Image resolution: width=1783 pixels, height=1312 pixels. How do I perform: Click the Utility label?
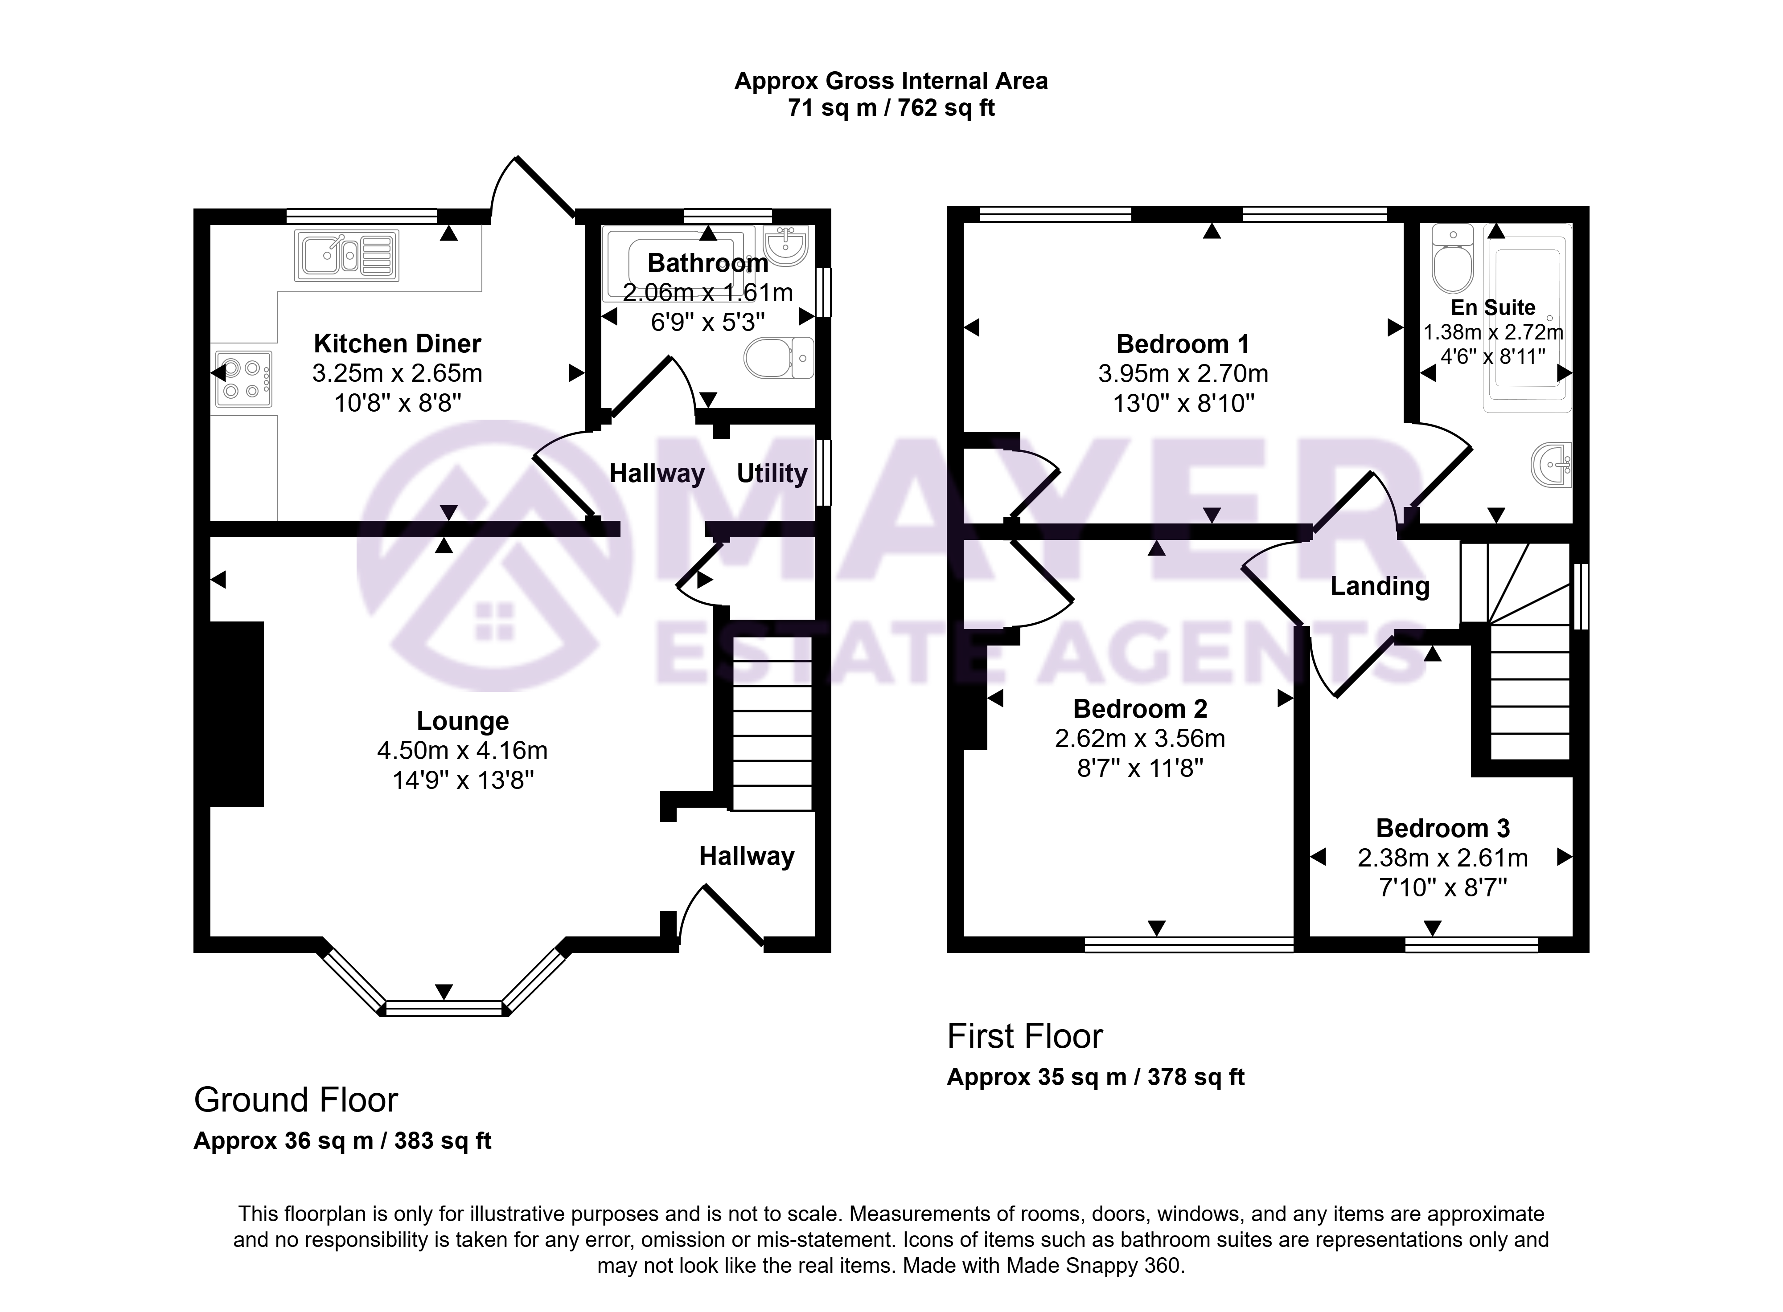772,473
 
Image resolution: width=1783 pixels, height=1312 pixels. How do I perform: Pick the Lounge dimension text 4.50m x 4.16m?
462,751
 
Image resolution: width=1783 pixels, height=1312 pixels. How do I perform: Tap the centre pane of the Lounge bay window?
444,1009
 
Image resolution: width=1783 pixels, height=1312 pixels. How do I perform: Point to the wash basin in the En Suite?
1550,464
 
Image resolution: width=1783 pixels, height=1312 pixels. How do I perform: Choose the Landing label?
1380,586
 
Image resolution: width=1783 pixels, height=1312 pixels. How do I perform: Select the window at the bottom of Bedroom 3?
1471,944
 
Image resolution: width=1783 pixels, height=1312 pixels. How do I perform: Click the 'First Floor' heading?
1025,1036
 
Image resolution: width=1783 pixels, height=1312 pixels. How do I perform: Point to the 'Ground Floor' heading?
296,1100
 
